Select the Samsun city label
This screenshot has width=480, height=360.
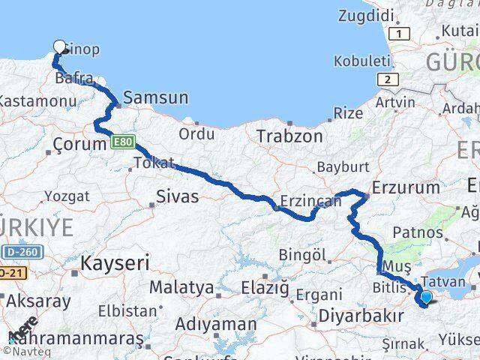(x=155, y=97)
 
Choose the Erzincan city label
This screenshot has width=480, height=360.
(x=305, y=201)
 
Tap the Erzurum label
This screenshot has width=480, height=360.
(x=406, y=187)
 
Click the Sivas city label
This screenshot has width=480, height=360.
(x=177, y=197)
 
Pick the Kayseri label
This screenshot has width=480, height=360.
(x=115, y=262)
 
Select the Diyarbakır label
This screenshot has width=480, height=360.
(x=357, y=316)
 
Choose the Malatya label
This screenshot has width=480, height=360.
(x=181, y=287)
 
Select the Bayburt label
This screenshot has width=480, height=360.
(x=341, y=166)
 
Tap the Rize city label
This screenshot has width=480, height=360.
(x=347, y=113)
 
